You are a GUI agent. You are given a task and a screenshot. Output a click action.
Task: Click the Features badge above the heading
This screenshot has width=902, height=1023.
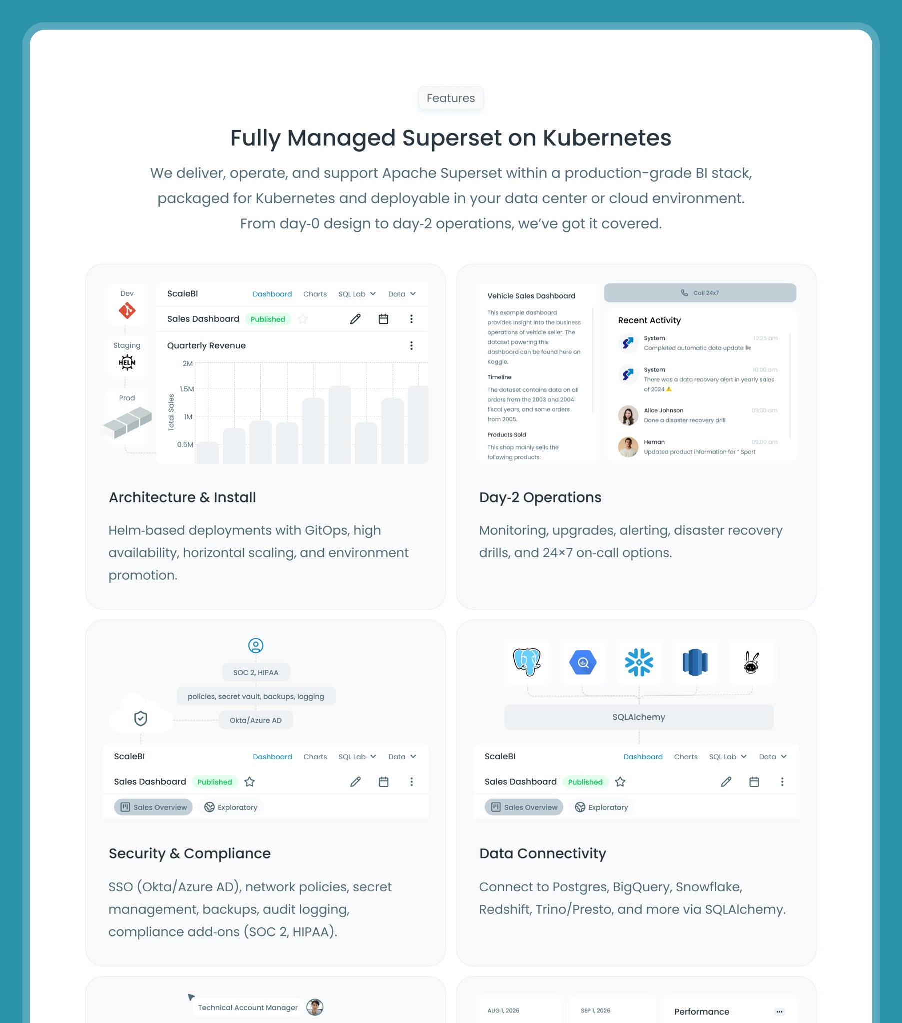[450, 98]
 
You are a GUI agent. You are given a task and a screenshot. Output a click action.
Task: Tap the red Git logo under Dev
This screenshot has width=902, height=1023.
[127, 310]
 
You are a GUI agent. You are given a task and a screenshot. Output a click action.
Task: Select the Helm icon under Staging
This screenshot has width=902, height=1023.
[127, 362]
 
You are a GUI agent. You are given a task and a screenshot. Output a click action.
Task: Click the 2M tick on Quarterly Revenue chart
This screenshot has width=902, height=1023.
[187, 363]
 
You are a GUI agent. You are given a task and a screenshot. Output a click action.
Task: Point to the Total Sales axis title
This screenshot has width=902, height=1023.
[171, 412]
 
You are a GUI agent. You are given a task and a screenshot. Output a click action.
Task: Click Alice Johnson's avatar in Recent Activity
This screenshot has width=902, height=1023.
[628, 415]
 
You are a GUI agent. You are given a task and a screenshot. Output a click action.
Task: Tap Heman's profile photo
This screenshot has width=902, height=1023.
[628, 447]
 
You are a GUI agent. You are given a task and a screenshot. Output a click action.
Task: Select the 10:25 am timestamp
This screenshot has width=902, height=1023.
[765, 338]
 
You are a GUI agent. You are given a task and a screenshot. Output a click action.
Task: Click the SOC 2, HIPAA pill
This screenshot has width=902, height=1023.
[255, 673]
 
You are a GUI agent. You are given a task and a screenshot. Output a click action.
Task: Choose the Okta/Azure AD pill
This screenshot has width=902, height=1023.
[255, 720]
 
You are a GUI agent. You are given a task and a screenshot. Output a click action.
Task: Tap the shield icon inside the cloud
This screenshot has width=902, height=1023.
[141, 718]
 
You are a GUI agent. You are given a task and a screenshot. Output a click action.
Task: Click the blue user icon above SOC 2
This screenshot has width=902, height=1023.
[255, 646]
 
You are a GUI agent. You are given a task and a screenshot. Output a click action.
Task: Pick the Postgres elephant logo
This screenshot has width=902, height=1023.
[527, 662]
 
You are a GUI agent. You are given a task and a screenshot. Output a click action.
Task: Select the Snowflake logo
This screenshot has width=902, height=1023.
[639, 662]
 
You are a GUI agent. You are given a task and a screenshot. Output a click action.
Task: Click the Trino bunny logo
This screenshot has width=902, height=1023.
[750, 662]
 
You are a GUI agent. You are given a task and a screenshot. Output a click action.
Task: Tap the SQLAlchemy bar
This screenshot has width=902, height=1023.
[639, 717]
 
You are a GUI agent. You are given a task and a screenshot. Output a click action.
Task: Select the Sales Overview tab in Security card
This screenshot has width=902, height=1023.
[153, 807]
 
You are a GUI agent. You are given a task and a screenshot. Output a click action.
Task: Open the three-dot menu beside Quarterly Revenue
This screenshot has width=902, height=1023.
[411, 345]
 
